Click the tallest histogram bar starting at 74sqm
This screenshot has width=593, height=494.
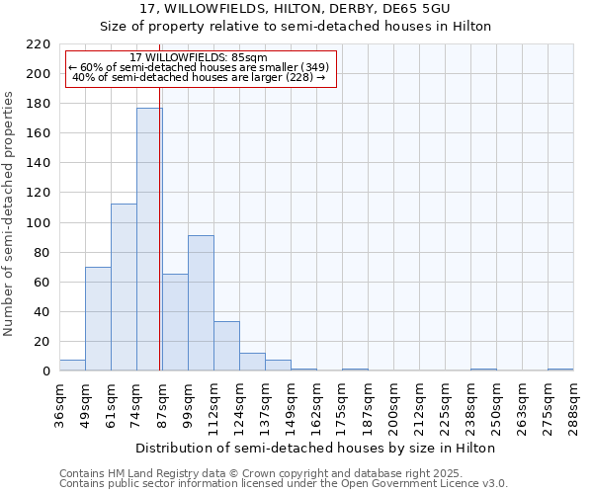pos(149,239)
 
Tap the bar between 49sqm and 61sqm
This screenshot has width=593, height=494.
pos(98,319)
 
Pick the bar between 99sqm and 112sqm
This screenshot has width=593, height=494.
pos(201,303)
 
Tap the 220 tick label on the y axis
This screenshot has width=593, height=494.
pos(38,44)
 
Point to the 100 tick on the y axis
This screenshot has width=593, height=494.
pos(38,223)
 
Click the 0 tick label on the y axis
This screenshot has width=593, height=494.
pos(45,371)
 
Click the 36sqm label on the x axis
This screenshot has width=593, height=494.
pos(59,405)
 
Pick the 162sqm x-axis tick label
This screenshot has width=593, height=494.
pos(316,405)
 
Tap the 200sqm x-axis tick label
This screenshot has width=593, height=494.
pos(393,405)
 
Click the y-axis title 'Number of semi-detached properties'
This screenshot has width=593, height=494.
pos(10,214)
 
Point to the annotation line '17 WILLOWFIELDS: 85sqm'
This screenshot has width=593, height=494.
pos(198,58)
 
